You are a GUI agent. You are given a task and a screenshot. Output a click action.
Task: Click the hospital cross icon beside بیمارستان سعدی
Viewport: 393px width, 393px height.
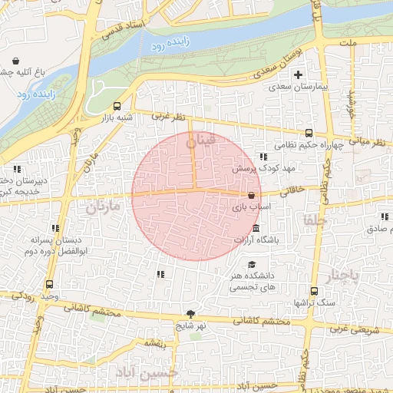point(298,74)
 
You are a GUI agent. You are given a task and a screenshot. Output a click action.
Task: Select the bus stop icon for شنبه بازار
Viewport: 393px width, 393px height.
point(117,106)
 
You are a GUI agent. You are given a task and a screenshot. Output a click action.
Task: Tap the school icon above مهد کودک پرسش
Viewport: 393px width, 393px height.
point(263,156)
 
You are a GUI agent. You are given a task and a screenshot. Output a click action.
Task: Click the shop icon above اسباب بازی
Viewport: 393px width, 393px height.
point(252,195)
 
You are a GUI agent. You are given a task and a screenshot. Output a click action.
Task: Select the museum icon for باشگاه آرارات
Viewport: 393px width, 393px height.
point(256,229)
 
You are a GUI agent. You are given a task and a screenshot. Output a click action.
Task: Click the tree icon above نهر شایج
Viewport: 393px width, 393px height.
point(190,313)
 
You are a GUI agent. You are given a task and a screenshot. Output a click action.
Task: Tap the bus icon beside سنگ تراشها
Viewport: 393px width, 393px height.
point(314,291)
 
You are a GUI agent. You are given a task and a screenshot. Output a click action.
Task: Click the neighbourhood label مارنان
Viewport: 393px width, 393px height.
point(104,207)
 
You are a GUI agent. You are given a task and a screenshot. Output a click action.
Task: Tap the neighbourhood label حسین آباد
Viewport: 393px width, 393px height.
point(146,372)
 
